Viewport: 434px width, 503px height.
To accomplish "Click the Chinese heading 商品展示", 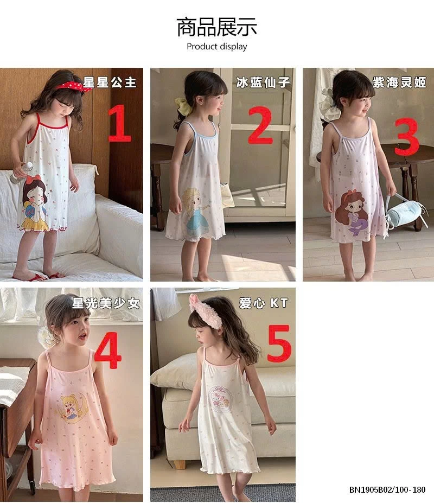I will (x=216, y=27).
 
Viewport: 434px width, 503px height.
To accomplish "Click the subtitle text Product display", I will (x=216, y=47).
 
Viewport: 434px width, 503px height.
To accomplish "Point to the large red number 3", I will (x=406, y=135).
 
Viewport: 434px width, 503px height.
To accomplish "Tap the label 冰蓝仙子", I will (x=263, y=82).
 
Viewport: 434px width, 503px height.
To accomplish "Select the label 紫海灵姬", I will (x=399, y=82).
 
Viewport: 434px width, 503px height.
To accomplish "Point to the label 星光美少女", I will (x=106, y=303).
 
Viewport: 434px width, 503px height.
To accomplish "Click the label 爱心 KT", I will (x=264, y=303).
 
